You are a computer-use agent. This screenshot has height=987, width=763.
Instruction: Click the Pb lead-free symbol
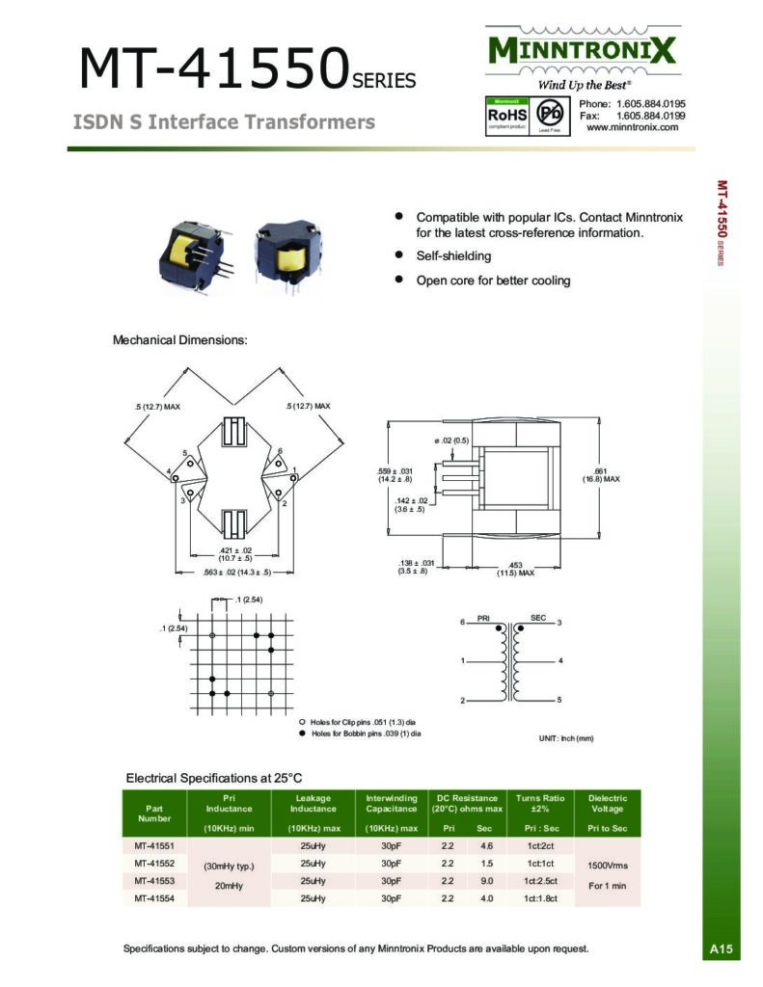pyautogui.click(x=543, y=115)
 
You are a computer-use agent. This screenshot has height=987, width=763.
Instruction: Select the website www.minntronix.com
pyautogui.click(x=632, y=127)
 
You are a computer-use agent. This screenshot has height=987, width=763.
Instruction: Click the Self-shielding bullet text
pyautogui.click(x=453, y=256)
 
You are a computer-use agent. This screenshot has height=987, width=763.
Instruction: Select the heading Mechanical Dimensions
pyautogui.click(x=180, y=340)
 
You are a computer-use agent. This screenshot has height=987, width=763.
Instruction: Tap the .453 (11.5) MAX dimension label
pyautogui.click(x=515, y=569)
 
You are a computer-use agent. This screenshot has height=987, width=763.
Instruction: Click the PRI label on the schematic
pyautogui.click(x=484, y=617)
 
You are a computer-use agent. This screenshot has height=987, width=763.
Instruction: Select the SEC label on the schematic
pyautogui.click(x=537, y=617)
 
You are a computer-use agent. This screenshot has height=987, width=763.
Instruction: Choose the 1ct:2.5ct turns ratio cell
pyautogui.click(x=547, y=881)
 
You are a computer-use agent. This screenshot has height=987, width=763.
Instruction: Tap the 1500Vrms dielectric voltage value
pyautogui.click(x=608, y=865)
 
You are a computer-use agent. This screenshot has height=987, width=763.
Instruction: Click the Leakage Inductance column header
pyautogui.click(x=313, y=804)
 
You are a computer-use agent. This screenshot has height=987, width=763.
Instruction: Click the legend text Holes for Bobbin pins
pyautogui.click(x=366, y=734)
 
